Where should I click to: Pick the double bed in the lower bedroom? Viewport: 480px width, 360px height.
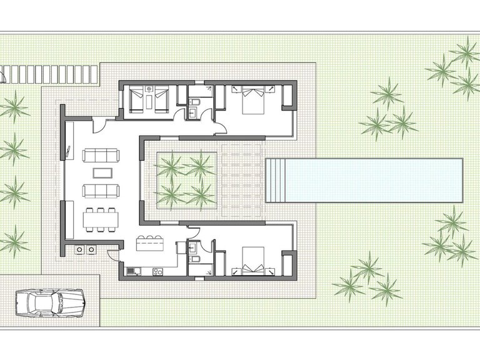(252, 261)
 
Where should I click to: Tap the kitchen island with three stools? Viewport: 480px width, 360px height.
(150, 244)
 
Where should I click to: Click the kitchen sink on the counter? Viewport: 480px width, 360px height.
(132, 271)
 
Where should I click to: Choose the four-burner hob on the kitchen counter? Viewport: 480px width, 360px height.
(157, 271)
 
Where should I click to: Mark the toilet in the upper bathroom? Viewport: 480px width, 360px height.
(195, 101)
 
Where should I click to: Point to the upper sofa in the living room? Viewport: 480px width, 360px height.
(100, 154)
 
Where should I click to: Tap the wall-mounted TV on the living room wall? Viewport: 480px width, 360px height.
(66, 150)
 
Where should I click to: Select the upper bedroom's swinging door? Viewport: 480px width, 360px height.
(220, 128)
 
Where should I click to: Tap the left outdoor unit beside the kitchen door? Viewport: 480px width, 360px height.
(80, 249)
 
